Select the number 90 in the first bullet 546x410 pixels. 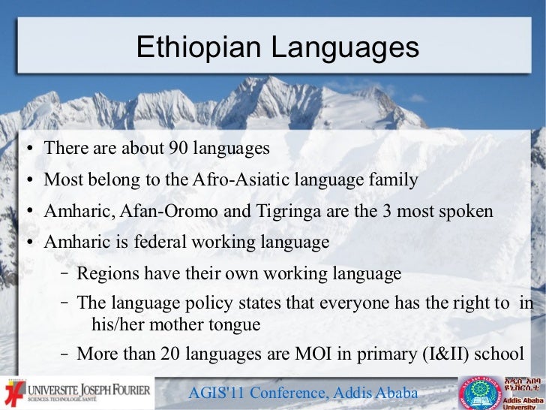[177, 149]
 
